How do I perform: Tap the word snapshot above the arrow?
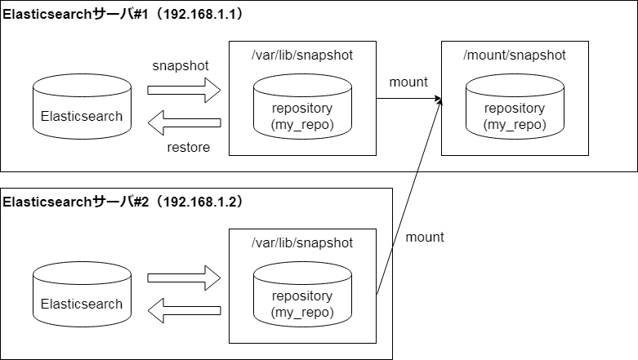(180, 65)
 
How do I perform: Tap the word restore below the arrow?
(188, 148)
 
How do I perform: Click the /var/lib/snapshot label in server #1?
(302, 55)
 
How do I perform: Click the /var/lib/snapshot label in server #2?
(302, 242)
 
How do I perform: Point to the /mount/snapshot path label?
(515, 55)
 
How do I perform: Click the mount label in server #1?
(408, 82)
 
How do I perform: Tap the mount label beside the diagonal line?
(425, 237)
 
